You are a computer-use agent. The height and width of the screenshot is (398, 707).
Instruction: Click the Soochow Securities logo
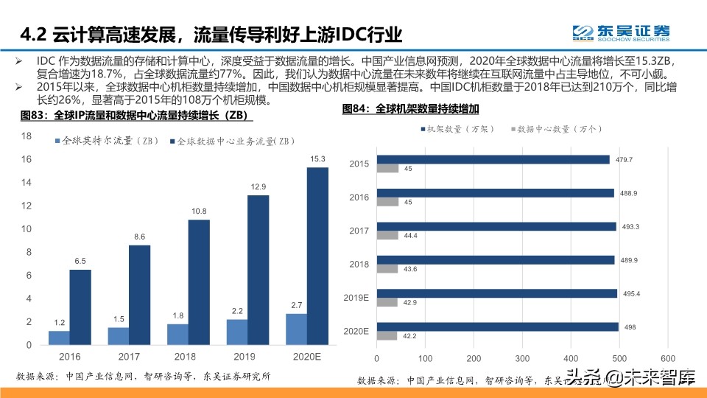622,32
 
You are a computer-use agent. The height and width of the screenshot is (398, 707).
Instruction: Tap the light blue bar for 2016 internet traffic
59,338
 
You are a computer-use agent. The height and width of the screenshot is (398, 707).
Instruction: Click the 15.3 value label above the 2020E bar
317,158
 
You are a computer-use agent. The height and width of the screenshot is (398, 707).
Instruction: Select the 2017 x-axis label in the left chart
130,357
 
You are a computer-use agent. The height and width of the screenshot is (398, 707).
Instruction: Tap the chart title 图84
411,109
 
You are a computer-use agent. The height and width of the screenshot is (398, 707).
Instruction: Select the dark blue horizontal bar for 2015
493,159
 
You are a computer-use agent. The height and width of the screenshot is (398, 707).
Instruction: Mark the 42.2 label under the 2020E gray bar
409,337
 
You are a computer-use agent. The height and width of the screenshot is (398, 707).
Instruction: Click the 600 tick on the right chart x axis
666,358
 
